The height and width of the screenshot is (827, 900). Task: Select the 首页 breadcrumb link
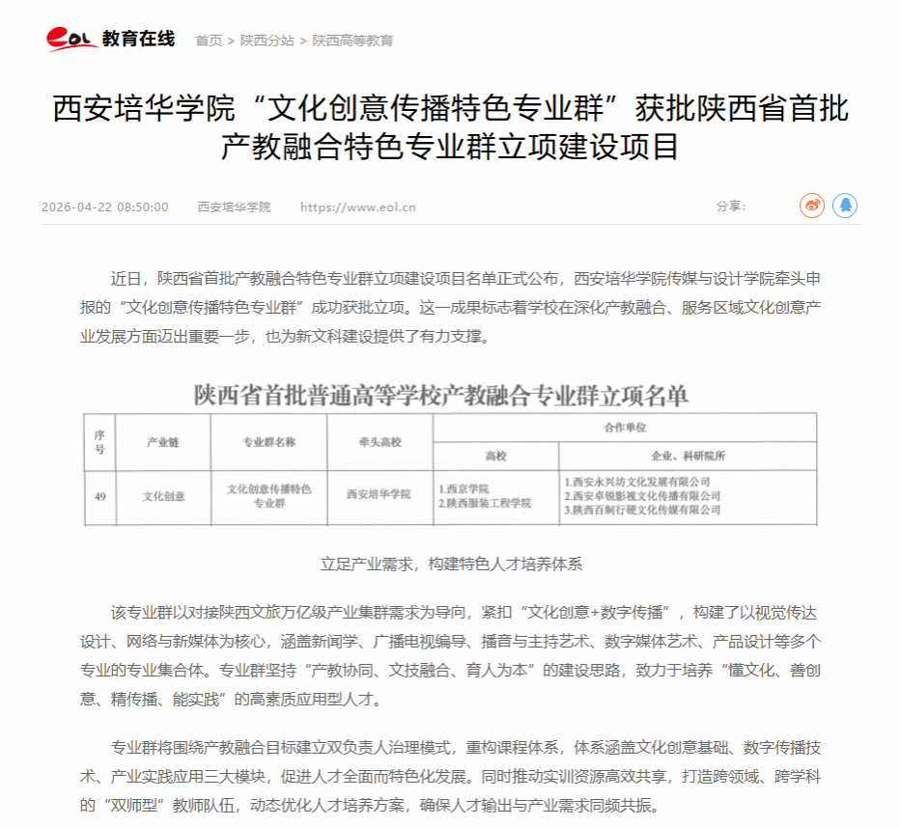click(209, 41)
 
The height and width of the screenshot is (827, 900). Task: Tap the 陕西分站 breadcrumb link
click(267, 41)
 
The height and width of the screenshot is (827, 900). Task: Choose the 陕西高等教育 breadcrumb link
click(352, 41)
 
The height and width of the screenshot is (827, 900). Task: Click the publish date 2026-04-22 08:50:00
click(104, 207)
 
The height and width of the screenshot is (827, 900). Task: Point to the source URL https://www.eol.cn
click(357, 207)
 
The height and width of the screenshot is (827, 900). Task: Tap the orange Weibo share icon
click(812, 206)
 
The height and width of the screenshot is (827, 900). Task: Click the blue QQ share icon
click(845, 206)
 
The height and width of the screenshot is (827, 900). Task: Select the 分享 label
click(731, 207)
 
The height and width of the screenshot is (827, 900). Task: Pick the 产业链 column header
click(163, 442)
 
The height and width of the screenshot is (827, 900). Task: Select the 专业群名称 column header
click(268, 442)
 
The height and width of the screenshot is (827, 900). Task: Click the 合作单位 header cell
click(625, 426)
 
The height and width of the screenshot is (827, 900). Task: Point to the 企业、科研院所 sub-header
click(688, 455)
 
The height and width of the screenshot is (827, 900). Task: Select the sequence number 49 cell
click(99, 496)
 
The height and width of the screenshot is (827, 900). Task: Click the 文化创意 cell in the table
click(163, 496)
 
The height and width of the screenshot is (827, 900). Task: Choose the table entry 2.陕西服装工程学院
click(485, 503)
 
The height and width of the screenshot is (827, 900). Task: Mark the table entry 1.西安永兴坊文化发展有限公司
click(637, 481)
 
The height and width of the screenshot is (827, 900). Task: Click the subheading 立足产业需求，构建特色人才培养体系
click(451, 564)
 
